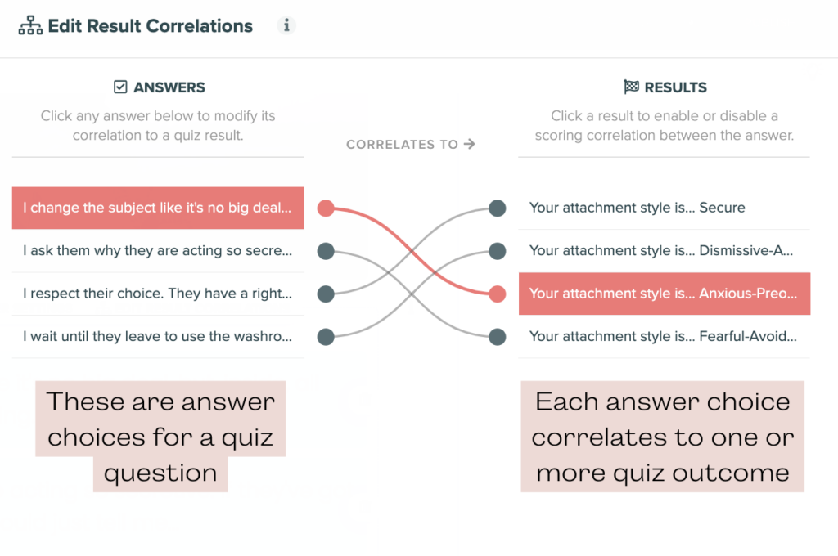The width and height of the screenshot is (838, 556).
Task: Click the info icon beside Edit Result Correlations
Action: point(286,25)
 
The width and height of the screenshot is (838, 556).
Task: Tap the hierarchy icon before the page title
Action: point(30,25)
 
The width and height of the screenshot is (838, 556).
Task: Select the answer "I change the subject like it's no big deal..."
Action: point(158,208)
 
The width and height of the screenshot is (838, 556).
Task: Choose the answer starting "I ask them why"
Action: point(158,250)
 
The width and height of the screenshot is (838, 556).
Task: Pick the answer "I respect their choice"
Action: point(158,294)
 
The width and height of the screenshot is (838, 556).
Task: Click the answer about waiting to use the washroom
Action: point(158,337)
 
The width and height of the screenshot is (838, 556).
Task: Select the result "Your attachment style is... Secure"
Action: point(665,208)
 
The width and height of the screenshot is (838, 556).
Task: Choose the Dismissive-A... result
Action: point(665,250)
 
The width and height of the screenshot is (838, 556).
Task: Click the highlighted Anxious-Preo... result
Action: point(665,294)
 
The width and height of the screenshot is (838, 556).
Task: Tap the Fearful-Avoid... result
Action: point(665,337)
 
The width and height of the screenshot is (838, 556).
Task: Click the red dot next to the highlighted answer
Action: point(326,208)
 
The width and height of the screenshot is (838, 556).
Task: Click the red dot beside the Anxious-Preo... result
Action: point(497,294)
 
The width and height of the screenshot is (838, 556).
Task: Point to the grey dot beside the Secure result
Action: point(497,208)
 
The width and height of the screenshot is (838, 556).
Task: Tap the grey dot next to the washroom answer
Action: point(326,337)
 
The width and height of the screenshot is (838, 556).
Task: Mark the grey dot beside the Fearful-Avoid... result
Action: point(497,337)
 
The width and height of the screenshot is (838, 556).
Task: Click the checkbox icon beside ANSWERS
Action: point(120,87)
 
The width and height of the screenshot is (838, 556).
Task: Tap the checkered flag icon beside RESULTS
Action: point(631,87)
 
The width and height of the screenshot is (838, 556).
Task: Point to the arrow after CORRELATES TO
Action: point(469,144)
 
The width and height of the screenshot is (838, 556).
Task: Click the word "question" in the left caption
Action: point(160,473)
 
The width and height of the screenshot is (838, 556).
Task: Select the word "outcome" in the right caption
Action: point(730,473)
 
